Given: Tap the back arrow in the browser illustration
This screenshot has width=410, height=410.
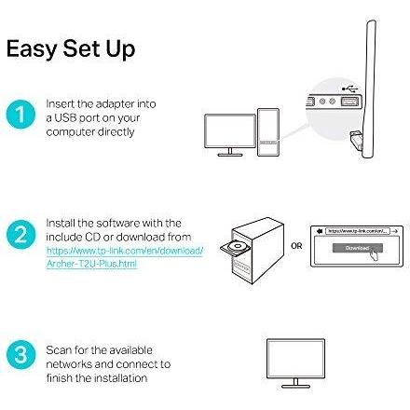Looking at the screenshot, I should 321,228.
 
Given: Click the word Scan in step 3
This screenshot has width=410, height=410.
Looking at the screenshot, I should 55,346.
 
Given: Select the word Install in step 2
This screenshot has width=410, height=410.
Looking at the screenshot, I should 57,224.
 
